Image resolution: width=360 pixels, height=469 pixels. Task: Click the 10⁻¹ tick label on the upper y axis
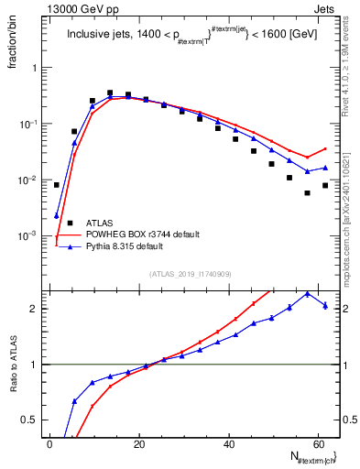pos(27,124)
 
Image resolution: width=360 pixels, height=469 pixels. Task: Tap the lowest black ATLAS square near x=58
pos(307,193)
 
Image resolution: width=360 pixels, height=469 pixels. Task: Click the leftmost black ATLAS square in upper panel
pos(56,185)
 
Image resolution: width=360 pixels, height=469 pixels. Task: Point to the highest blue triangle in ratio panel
pos(307,293)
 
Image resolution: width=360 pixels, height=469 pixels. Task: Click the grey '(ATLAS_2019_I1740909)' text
pos(189,274)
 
